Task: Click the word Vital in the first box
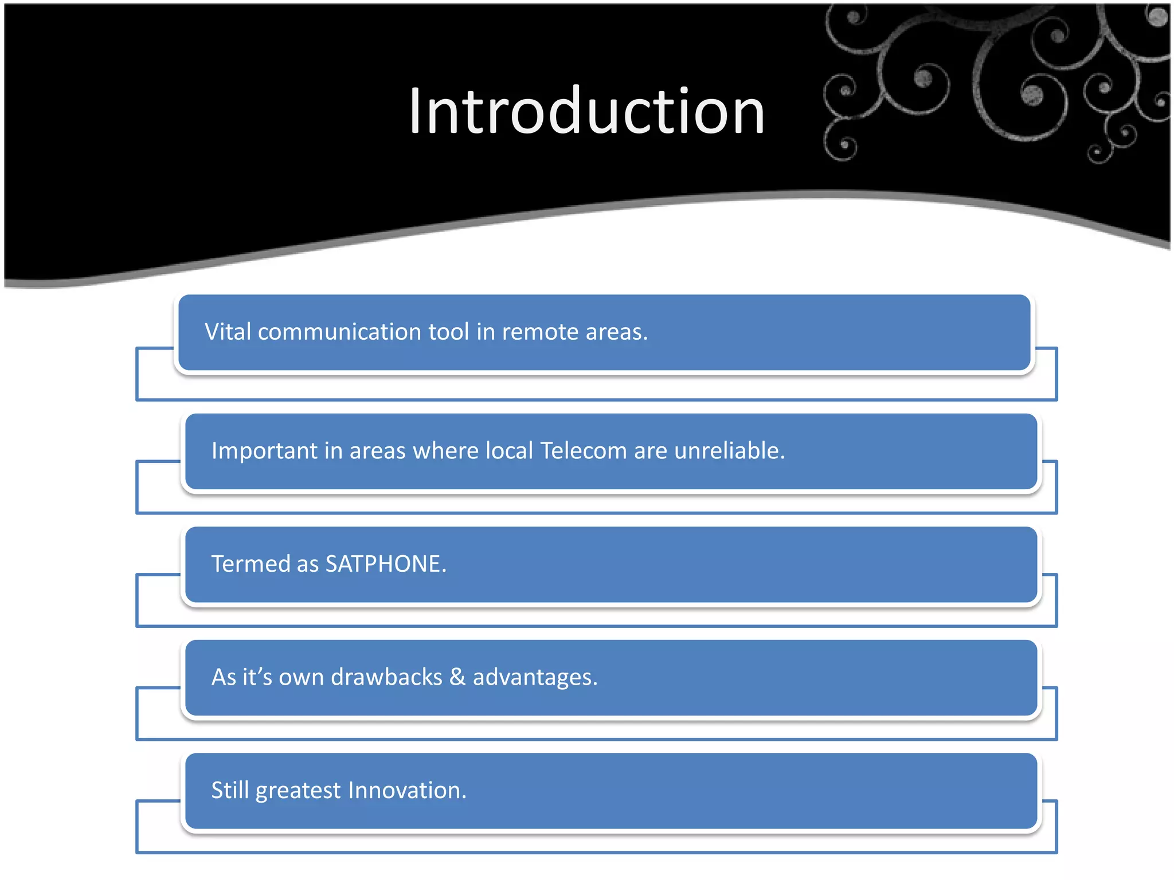click(x=228, y=332)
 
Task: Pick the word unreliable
click(x=729, y=451)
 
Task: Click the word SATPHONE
click(x=385, y=564)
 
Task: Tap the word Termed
click(x=251, y=564)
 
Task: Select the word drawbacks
click(x=386, y=677)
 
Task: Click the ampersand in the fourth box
click(x=457, y=677)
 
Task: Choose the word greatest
click(x=298, y=791)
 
